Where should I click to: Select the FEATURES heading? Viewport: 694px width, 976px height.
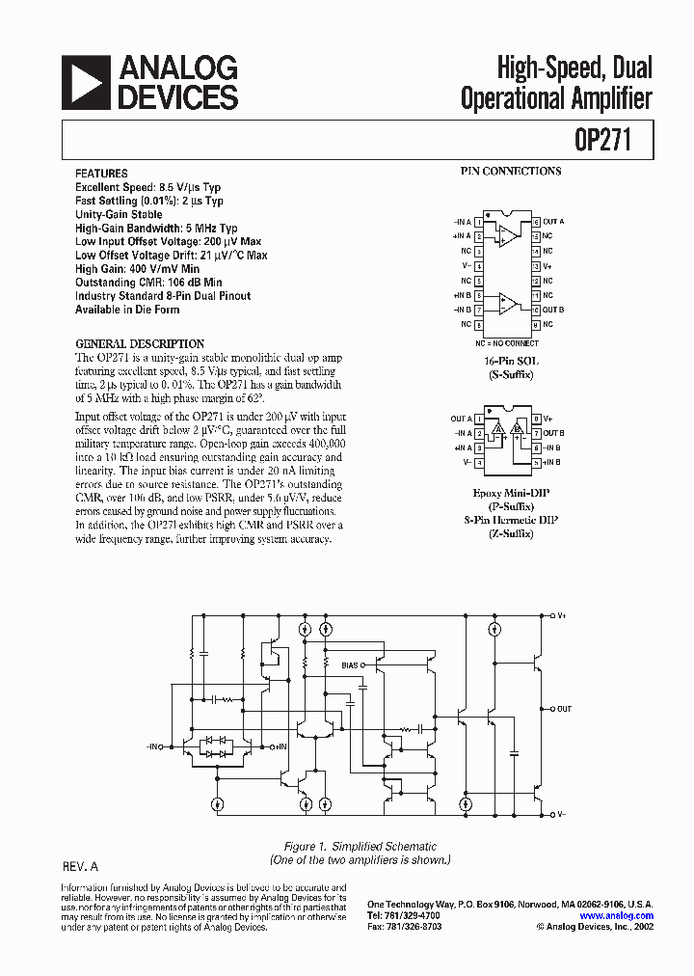[100, 173]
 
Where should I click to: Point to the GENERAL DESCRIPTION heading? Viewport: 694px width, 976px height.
[140, 343]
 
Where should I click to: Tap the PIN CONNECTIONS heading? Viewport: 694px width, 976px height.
[510, 172]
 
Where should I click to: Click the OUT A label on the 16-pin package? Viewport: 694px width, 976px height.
[553, 221]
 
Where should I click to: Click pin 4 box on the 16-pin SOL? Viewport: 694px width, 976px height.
[480, 265]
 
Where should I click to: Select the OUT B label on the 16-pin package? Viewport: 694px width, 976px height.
[553, 310]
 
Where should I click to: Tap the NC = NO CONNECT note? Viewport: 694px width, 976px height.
[507, 343]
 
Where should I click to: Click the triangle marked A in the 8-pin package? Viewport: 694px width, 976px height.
[497, 429]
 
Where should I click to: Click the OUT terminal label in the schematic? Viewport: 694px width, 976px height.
[564, 709]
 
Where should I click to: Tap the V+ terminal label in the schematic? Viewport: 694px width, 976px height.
[561, 614]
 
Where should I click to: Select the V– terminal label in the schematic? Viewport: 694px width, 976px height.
[561, 815]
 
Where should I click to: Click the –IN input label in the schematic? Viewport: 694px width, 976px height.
[154, 746]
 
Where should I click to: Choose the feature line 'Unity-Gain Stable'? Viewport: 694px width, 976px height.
[120, 214]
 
